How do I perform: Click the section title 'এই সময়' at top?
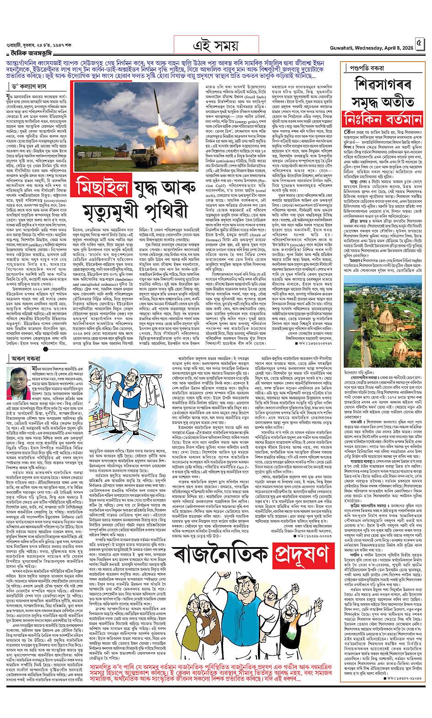(x=215, y=45)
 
